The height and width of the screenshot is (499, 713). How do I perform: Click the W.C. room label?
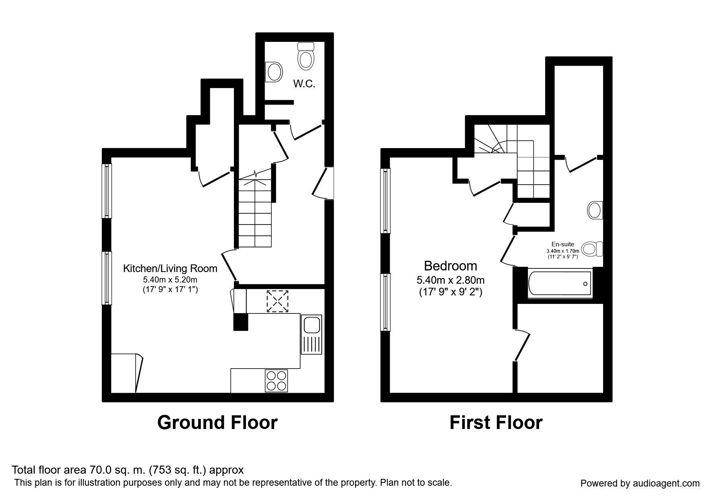click(304, 84)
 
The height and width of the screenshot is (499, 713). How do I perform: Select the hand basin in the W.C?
click(273, 72)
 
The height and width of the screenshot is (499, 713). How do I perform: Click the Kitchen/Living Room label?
click(170, 268)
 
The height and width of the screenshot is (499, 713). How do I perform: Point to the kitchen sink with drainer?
click(311, 334)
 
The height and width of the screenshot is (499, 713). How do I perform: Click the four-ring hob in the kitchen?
click(276, 381)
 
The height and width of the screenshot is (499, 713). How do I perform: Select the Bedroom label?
click(451, 266)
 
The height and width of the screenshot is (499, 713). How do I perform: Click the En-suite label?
click(563, 244)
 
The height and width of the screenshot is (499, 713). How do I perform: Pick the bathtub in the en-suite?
click(560, 284)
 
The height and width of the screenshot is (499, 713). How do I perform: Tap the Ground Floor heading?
click(217, 423)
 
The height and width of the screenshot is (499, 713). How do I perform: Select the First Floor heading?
click(496, 423)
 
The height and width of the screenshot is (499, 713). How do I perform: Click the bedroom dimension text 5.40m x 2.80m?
click(451, 280)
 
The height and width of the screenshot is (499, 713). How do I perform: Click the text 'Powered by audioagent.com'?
click(640, 483)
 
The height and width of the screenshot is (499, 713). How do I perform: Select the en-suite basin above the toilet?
click(595, 210)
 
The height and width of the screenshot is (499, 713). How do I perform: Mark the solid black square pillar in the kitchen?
click(241, 322)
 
